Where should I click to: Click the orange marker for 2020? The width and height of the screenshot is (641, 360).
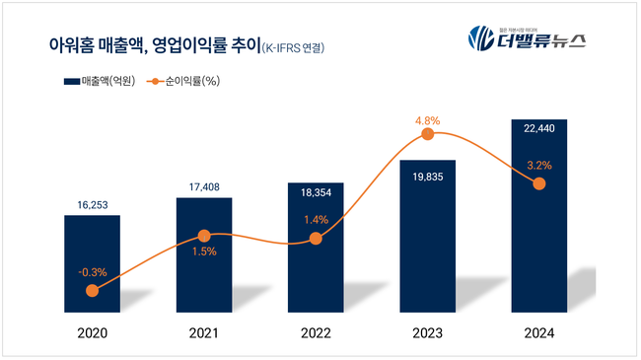[92, 291]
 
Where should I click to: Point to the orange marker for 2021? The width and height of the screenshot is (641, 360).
[204, 236]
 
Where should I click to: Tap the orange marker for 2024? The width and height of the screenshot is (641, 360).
[538, 184]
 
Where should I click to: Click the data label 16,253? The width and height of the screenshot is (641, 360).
[92, 203]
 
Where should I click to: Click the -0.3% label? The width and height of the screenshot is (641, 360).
[91, 271]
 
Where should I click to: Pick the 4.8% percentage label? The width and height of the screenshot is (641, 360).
[427, 121]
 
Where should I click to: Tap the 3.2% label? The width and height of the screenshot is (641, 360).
[538, 165]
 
